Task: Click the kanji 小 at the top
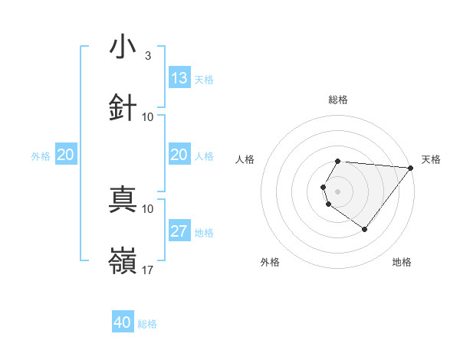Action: click(x=123, y=47)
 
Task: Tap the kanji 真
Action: click(x=123, y=198)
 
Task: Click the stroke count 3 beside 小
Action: click(x=147, y=56)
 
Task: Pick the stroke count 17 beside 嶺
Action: click(x=149, y=270)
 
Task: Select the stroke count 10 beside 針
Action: click(x=149, y=116)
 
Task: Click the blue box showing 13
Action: click(x=179, y=78)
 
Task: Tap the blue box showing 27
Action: click(x=179, y=231)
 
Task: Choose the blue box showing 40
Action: click(x=123, y=322)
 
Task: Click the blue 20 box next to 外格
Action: click(x=65, y=155)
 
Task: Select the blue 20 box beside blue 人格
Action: click(x=179, y=155)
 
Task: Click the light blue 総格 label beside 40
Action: click(x=147, y=324)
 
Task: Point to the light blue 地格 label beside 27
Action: click(x=204, y=233)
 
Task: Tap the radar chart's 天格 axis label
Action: click(x=432, y=159)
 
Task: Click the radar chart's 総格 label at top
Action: click(x=338, y=100)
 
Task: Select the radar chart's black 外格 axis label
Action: click(x=270, y=262)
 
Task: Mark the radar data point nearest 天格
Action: click(x=411, y=168)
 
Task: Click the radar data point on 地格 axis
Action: click(x=364, y=229)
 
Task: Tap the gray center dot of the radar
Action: click(x=338, y=191)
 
